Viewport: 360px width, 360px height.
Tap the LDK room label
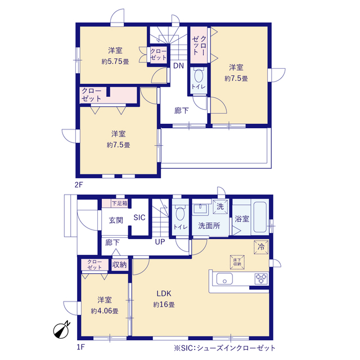click(163, 293)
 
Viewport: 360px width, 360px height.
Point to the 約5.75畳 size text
click(115, 61)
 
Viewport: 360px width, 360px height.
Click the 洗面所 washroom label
click(208, 227)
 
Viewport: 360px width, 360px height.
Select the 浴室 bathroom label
click(242, 218)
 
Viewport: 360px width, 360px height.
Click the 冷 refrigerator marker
click(260, 246)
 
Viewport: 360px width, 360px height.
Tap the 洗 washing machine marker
click(220, 206)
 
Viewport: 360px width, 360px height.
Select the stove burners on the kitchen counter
click(260, 277)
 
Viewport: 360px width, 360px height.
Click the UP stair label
click(161, 242)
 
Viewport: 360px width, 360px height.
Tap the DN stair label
click(178, 66)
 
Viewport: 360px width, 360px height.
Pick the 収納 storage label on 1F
click(119, 264)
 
